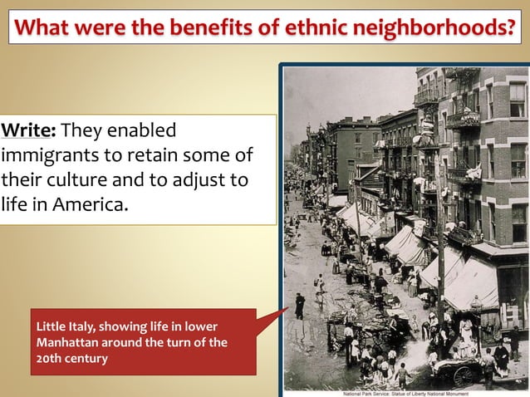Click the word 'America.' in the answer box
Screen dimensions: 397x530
point(91,203)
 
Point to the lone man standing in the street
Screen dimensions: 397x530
point(300,306)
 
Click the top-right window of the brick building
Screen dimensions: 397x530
point(517,100)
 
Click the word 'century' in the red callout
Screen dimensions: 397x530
point(87,359)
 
